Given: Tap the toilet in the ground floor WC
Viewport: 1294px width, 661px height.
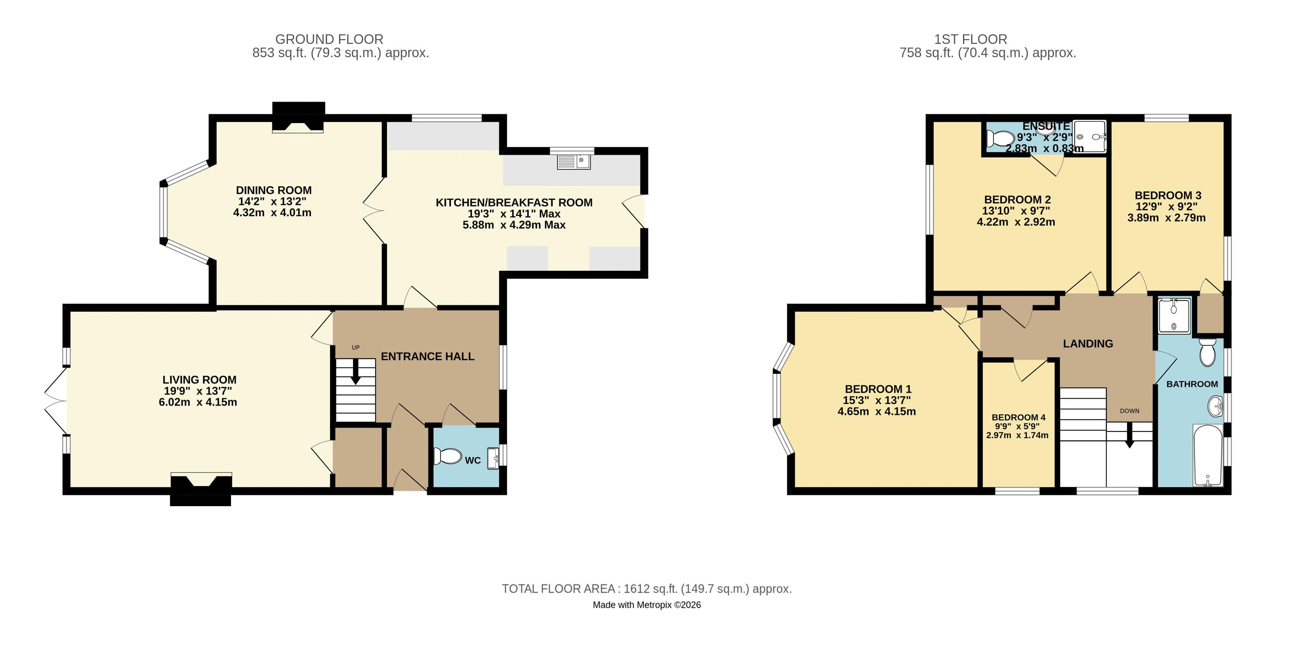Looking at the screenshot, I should pos(448,456).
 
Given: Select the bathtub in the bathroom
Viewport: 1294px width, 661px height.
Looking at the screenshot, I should pos(1208,455).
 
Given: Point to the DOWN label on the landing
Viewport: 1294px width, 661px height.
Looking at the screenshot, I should pos(1129,411).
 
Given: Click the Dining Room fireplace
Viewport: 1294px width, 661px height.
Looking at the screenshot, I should pos(299,117).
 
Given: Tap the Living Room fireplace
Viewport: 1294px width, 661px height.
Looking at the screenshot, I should pos(201,488).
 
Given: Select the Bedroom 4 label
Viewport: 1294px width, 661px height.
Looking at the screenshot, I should pos(1018,417).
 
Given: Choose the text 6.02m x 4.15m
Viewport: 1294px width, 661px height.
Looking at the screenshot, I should pos(198,402).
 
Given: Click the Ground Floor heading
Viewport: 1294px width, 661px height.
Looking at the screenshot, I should pos(329,39).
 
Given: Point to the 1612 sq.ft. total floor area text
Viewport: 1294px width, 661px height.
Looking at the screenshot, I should pos(646,589).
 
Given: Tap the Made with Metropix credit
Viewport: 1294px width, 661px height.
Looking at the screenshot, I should pos(646,605).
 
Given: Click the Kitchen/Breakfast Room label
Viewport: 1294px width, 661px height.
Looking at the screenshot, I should pos(514,202).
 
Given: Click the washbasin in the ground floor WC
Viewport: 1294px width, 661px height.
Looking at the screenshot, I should pos(493,458).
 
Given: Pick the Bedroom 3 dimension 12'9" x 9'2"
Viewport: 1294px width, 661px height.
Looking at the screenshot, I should pos(1166,206).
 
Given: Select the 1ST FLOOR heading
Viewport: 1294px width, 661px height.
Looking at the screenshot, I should pos(970,39).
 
